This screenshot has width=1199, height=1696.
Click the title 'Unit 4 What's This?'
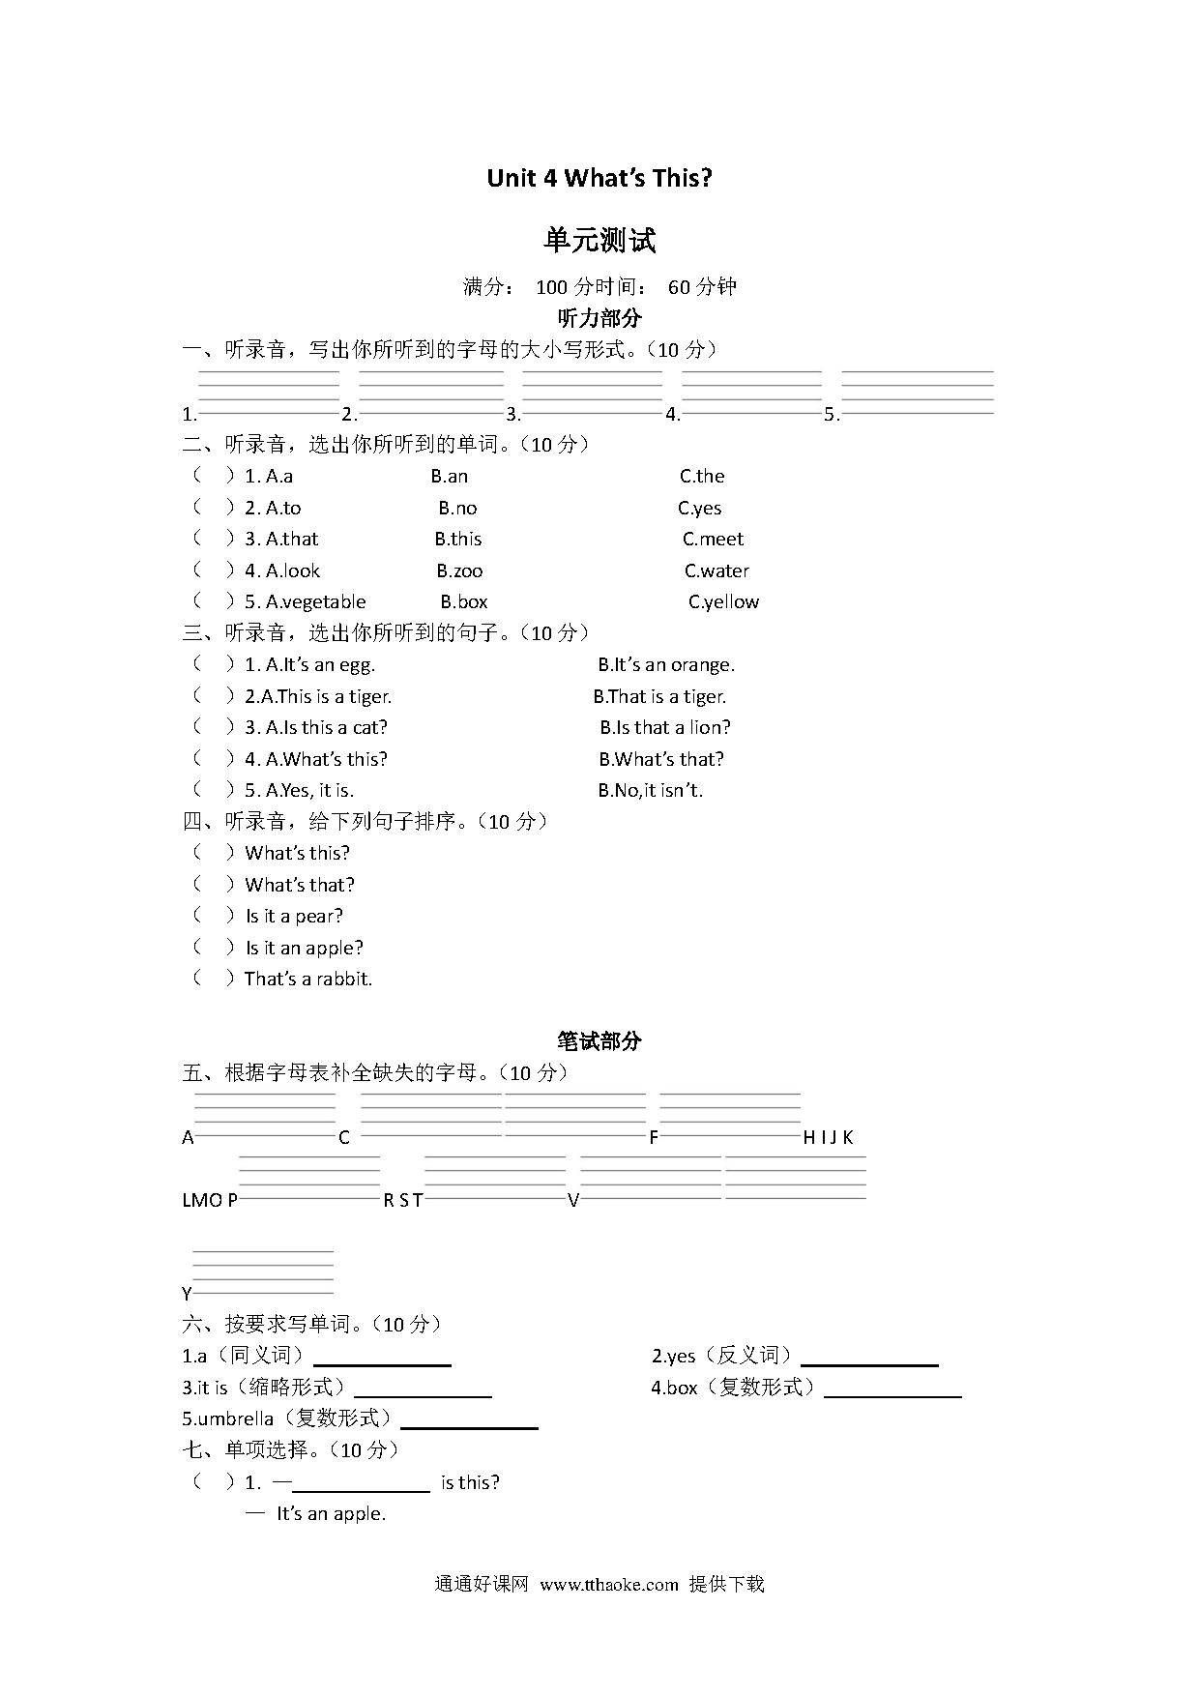click(x=599, y=178)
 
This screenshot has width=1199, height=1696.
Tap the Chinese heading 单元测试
click(x=599, y=240)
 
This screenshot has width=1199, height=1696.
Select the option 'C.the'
click(x=702, y=476)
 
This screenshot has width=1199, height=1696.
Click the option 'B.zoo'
click(x=459, y=570)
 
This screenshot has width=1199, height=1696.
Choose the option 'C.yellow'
click(x=723, y=601)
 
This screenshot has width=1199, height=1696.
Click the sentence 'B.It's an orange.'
click(x=666, y=664)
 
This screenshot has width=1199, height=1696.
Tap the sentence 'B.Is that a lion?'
click(x=665, y=727)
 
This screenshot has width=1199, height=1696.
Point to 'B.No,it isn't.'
click(x=650, y=790)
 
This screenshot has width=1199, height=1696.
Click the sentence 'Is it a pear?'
click(x=294, y=916)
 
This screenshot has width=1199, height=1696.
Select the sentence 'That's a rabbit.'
click(x=308, y=979)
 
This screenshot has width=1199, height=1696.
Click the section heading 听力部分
click(x=599, y=317)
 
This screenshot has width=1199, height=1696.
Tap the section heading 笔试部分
click(x=599, y=1040)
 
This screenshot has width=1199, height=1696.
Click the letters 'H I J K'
click(x=829, y=1137)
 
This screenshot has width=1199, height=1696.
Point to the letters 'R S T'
click(x=403, y=1200)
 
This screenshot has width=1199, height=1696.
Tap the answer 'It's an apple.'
click(x=331, y=1514)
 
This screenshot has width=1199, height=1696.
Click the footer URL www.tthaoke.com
click(x=609, y=1585)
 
